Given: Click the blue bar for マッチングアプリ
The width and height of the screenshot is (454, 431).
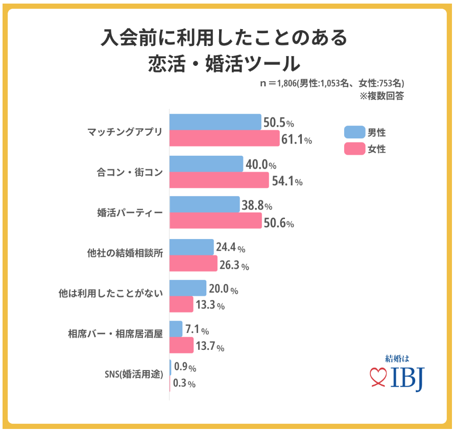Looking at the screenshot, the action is [215, 122].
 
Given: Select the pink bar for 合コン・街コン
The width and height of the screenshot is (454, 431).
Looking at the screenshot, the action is [219, 180].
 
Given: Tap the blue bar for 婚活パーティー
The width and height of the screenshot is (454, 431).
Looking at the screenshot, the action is [204, 204].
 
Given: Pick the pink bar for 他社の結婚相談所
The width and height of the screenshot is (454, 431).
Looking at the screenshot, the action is [194, 263].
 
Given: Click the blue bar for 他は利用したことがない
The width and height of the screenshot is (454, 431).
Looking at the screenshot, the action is [188, 288].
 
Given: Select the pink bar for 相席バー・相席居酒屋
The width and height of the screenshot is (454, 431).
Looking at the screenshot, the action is [181, 345].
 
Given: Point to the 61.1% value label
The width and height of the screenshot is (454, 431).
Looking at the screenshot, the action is [297, 139].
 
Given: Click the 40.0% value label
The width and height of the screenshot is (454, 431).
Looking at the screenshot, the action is [261, 164].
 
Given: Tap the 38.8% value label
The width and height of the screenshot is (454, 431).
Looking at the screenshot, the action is [257, 205].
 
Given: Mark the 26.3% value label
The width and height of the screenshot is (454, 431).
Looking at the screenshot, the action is [234, 265].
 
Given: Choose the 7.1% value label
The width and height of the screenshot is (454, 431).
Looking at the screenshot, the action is [197, 329].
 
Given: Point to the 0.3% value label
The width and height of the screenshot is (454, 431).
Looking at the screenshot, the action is [184, 383].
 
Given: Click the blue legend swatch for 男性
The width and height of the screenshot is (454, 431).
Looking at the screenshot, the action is [354, 132].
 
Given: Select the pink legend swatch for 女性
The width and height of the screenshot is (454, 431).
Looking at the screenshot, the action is [354, 149].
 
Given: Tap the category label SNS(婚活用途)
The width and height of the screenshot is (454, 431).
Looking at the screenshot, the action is [134, 374].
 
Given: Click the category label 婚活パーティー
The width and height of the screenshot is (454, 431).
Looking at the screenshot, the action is [130, 213].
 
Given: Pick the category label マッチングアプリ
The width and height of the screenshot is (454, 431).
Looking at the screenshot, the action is [125, 132].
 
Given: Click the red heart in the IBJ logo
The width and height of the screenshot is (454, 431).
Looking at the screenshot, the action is [378, 377].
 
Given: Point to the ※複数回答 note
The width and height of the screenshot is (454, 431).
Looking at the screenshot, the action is [381, 96].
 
